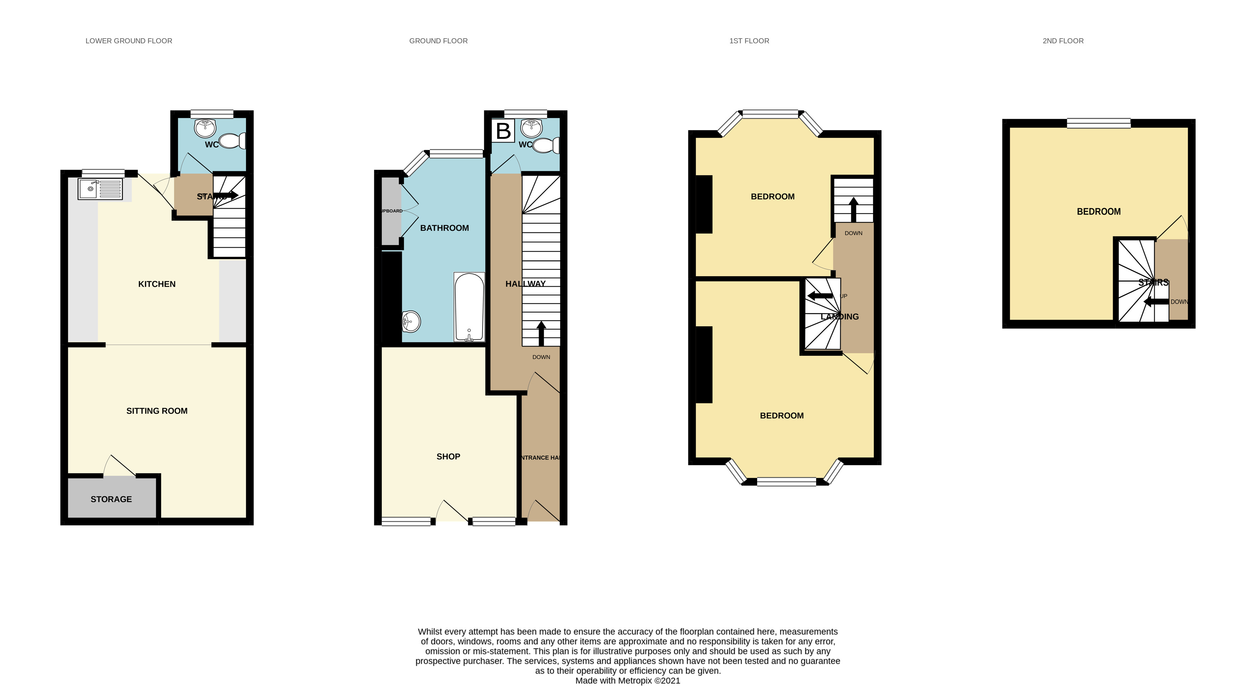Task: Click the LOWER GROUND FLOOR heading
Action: (x=129, y=41)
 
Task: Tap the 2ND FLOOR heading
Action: (x=1063, y=41)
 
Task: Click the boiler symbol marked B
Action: (x=503, y=131)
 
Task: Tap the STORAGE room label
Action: (x=111, y=499)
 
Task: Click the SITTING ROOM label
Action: (x=157, y=411)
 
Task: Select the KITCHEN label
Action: (x=157, y=284)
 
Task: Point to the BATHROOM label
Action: (x=444, y=228)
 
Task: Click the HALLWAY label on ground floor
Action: (x=525, y=283)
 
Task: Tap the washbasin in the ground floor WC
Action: (x=531, y=128)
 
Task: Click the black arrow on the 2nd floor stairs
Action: (x=1156, y=302)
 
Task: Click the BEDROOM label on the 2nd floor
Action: (x=1098, y=211)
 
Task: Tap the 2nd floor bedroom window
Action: (x=1098, y=123)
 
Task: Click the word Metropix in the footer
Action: (x=635, y=681)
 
